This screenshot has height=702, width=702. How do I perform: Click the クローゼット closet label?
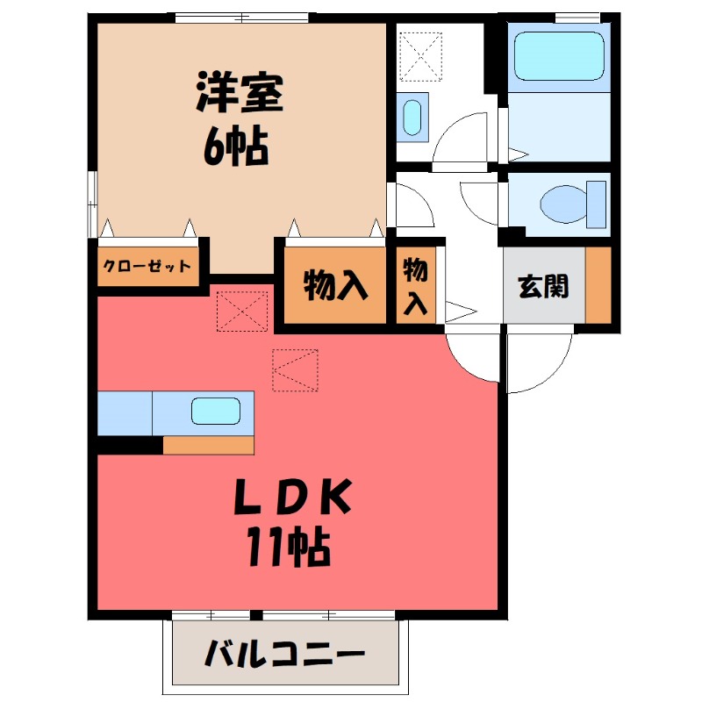tap(147, 266)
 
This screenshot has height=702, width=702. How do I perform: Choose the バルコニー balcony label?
tap(286, 654)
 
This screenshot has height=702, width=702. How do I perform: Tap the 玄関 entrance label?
tap(543, 286)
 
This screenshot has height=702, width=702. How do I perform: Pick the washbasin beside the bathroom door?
tap(412, 117)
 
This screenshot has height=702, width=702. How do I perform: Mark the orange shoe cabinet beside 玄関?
tap(598, 285)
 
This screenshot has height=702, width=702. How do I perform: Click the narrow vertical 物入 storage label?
tap(415, 285)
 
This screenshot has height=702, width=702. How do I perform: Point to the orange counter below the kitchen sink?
tap(208, 445)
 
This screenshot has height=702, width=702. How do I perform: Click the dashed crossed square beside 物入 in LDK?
tap(241, 311)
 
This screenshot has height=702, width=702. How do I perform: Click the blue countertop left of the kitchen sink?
tap(125, 412)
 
